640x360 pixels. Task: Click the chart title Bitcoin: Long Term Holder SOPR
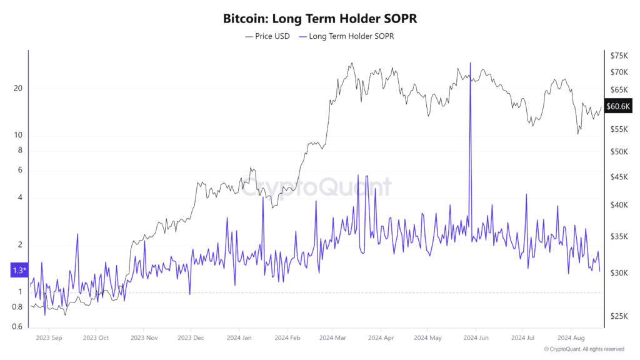click(319, 19)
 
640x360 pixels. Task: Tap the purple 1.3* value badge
click(18, 271)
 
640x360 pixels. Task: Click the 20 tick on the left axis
click(18, 88)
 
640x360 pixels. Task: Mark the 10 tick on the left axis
click(18, 136)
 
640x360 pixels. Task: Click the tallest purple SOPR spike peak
click(470, 64)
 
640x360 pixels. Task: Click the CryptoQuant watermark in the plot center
click(316, 187)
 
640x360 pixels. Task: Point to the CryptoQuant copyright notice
click(584, 349)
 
